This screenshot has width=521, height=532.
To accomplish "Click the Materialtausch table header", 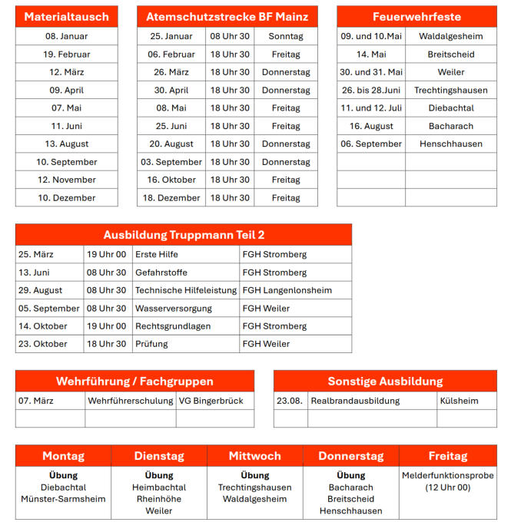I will coord(66,16).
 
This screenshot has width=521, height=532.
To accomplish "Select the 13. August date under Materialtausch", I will coord(67,144).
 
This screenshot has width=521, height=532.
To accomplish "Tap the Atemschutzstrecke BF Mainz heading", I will coord(227,16).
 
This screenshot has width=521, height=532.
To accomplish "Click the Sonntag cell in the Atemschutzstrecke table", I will coord(286,36).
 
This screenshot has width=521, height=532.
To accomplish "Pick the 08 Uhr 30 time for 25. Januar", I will coord(230,36).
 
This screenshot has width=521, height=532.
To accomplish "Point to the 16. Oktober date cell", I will coord(171,180).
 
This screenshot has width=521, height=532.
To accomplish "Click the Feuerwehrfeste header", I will coord(416,16).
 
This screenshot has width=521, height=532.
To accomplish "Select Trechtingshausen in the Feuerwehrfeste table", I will coord(451,90).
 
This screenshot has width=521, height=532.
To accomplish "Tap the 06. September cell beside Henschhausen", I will coord(371,144).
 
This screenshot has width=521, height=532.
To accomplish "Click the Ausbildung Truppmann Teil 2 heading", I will coord(184,235).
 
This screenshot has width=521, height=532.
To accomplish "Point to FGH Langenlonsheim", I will coord(287,290).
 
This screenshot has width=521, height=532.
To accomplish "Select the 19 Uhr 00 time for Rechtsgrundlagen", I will coord(106,326).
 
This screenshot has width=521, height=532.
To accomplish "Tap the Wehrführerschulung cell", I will coord(130,401).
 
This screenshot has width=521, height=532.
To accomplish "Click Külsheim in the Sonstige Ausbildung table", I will coord(460,401).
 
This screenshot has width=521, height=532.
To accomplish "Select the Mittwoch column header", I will coord(255,456).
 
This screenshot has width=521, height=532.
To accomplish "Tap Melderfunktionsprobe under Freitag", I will coord(447,476).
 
